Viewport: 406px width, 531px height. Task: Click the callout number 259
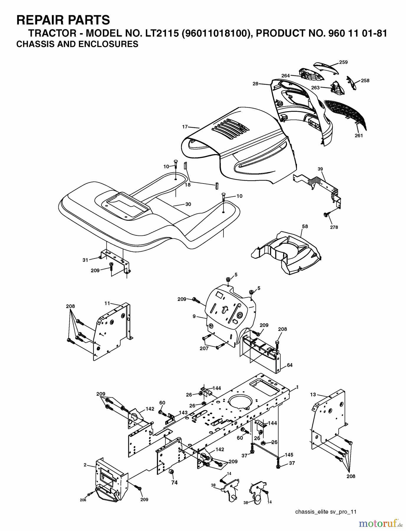[343, 62]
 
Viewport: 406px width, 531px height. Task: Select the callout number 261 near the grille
[359, 135]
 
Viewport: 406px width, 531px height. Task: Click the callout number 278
[334, 227]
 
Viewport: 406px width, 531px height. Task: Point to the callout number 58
[305, 226]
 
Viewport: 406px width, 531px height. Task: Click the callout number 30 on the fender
[188, 204]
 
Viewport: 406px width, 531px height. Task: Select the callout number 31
[85, 260]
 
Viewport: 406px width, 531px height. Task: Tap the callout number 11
[107, 303]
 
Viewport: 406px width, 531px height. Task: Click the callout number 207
[204, 348]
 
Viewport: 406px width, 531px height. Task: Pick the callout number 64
[290, 365]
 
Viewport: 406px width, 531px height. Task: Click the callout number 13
[313, 394]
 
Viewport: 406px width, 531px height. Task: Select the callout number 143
[183, 413]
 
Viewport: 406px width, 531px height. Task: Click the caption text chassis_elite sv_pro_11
[326, 512]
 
